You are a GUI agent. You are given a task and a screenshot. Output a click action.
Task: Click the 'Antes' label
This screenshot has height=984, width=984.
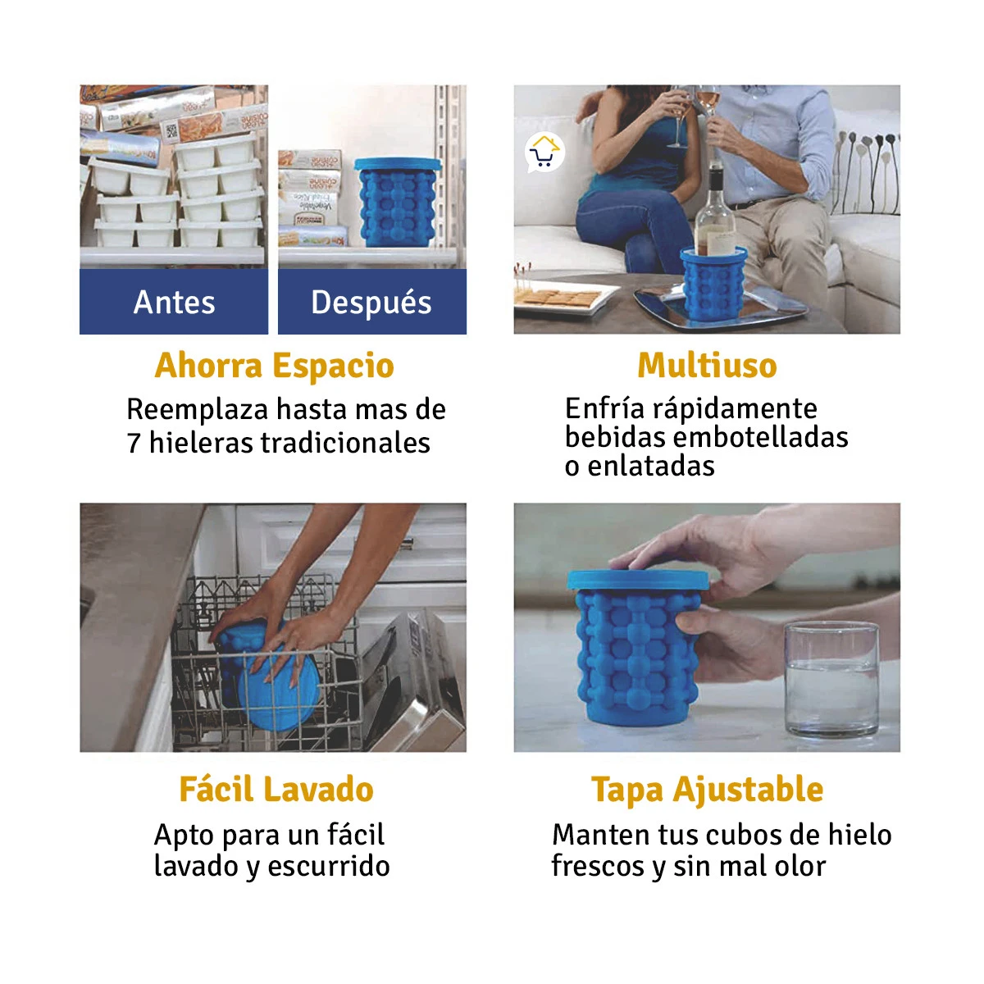tap(174, 303)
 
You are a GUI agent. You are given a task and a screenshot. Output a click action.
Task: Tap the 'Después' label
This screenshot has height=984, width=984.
tap(371, 303)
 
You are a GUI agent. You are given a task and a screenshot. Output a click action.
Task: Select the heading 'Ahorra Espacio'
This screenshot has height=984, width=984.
tap(275, 366)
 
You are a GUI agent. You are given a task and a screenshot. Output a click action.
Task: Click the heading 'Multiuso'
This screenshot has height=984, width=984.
tap(707, 366)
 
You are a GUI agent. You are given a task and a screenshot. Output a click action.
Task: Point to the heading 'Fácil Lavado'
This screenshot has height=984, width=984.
tap(276, 790)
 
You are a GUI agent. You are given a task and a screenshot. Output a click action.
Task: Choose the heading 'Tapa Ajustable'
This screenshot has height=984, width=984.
tap(707, 790)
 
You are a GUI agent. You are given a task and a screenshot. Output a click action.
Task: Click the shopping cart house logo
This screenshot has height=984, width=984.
tap(544, 153)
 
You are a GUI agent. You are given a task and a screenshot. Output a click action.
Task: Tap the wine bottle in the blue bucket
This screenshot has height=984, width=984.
tap(716, 213)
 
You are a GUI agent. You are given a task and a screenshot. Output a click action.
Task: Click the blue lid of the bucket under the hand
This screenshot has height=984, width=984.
tap(637, 579)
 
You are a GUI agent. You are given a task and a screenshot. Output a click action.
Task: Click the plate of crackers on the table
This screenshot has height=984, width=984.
tap(562, 298)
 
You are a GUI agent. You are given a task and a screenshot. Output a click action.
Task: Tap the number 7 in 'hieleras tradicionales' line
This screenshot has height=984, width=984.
tap(134, 444)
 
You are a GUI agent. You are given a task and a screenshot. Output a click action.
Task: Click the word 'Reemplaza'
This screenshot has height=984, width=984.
tap(198, 409)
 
